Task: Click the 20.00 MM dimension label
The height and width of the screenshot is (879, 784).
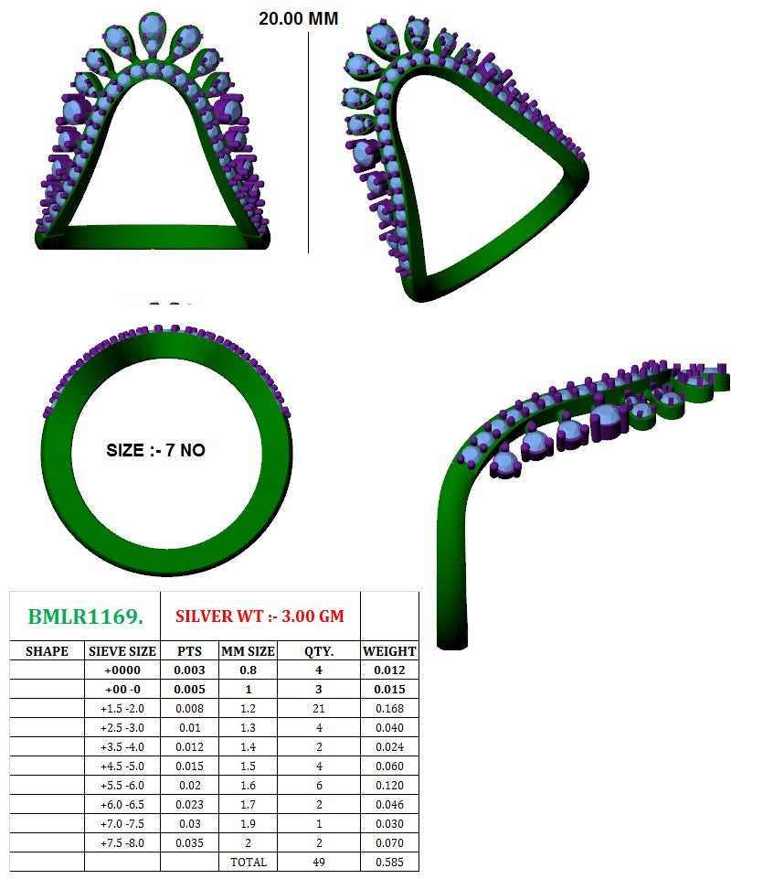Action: (299, 18)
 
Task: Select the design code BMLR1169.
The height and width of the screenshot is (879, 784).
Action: (85, 616)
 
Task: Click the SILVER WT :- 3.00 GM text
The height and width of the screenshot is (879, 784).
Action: (260, 616)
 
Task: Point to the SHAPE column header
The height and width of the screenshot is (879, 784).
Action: (47, 651)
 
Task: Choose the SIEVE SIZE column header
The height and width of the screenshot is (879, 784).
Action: (122, 651)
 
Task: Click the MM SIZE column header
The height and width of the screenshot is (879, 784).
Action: (247, 651)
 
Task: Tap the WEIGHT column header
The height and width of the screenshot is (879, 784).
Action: (389, 651)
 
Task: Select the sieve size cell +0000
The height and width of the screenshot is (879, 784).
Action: (122, 670)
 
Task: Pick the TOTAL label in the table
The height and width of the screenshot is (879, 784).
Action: (248, 862)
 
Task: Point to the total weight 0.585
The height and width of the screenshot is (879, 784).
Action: (389, 862)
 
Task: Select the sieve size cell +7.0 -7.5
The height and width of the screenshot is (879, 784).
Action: (122, 823)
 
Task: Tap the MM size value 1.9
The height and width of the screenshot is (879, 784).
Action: (247, 823)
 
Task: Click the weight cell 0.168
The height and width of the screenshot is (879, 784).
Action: (389, 709)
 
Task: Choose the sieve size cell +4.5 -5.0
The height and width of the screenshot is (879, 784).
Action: (122, 766)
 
